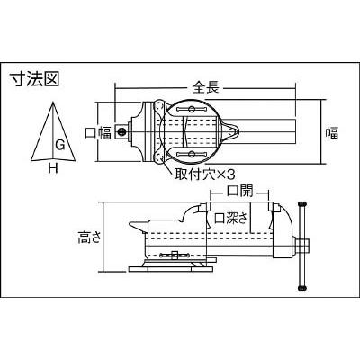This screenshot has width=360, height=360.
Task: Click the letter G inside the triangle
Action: pos(58,144)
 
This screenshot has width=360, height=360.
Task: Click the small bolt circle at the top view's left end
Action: pos(119,133)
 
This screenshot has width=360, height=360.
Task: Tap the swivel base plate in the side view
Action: pos(175,267)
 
